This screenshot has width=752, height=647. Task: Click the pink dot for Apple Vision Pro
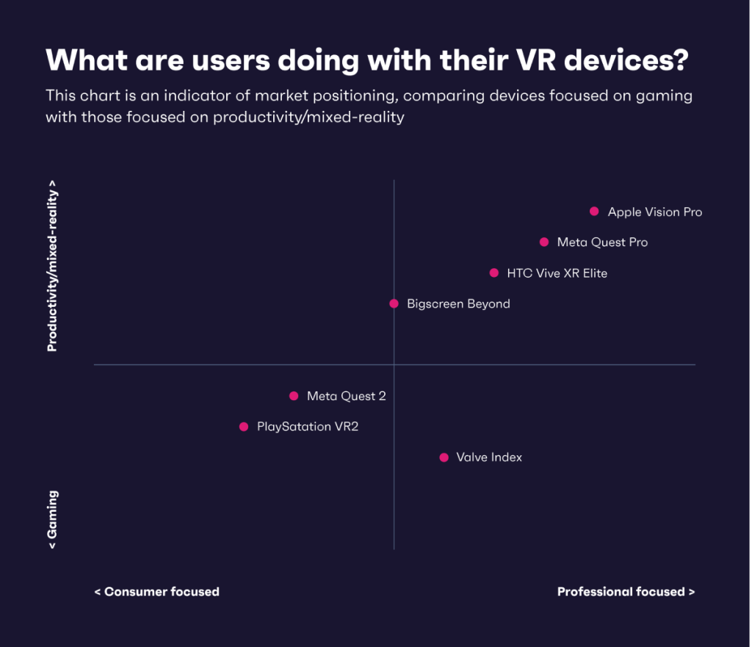(594, 212)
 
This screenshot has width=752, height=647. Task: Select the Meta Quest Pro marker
(544, 242)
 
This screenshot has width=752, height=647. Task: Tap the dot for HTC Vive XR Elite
(494, 273)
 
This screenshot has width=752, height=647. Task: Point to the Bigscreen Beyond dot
(394, 304)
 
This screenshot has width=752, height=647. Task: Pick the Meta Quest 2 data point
(294, 396)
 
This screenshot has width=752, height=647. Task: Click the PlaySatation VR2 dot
(244, 427)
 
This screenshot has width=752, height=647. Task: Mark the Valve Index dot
(444, 458)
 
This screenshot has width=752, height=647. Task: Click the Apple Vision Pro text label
(654, 212)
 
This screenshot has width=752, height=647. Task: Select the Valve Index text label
(489, 458)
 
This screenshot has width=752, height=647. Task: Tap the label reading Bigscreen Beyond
(458, 304)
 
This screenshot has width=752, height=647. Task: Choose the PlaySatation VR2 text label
(307, 427)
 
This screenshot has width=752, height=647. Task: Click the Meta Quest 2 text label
(346, 396)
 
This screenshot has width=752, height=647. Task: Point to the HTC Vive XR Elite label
(557, 273)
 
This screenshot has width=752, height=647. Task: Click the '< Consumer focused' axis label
(156, 592)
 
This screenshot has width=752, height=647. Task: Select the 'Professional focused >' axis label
(626, 592)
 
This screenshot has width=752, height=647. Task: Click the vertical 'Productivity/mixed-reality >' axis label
(53, 266)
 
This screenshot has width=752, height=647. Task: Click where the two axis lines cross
(394, 365)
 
